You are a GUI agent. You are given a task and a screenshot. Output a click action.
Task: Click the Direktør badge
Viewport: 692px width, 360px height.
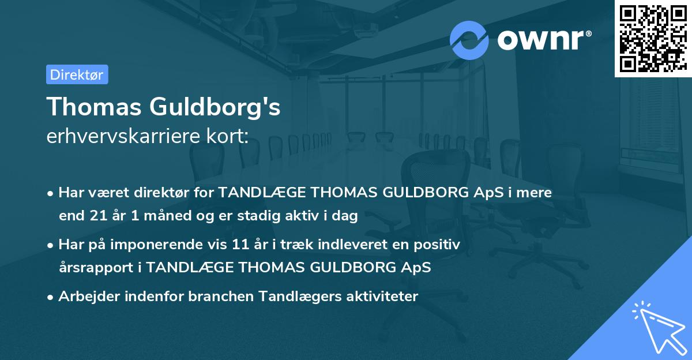tap(77, 74)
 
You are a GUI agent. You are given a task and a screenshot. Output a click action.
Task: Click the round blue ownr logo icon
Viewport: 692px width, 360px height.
tap(469, 40)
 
